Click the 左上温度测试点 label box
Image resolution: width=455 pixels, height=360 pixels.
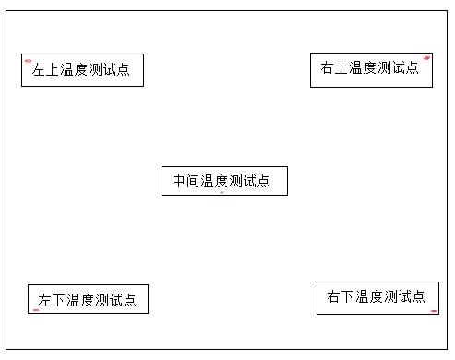coord(82,70)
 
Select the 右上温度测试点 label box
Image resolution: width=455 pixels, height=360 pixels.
coord(371,70)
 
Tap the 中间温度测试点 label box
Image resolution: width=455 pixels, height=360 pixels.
coord(224,181)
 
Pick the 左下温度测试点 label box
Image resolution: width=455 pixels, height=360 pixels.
coord(88,299)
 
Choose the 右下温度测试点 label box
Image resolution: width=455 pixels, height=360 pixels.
coord(377,297)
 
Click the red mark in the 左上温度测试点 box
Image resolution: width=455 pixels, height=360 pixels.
coord(28,61)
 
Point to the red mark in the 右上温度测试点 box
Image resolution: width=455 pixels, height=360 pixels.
coord(426,58)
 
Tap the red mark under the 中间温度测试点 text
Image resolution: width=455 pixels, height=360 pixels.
coord(222,193)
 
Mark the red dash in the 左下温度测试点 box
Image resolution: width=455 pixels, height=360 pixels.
coord(35,310)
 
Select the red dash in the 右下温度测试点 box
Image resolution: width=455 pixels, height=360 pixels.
coord(434,311)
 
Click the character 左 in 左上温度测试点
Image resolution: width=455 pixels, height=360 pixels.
coord(39,70)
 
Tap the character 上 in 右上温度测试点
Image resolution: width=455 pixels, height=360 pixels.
coord(341,68)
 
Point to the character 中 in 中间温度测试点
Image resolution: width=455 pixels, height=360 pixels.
coord(179,182)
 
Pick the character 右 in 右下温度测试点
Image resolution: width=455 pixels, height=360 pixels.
coord(334,297)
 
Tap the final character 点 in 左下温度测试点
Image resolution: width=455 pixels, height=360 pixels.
coord(129,301)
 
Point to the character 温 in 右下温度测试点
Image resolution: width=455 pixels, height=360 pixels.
coord(363,297)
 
